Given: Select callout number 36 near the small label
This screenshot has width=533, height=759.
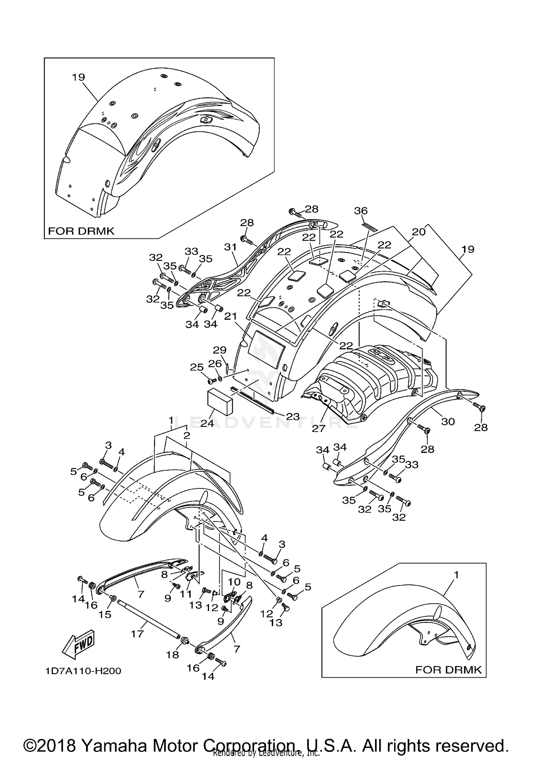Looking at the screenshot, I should pyautogui.click(x=361, y=211).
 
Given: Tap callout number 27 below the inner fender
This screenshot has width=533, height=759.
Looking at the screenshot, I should pyautogui.click(x=318, y=428).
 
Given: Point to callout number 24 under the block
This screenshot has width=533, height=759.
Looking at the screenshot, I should pyautogui.click(x=207, y=423).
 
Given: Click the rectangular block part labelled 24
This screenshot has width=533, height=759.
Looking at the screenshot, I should pyautogui.click(x=220, y=401).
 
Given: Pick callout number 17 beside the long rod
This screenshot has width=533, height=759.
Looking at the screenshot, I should pyautogui.click(x=137, y=634).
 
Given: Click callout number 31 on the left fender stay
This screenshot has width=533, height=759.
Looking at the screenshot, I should pyautogui.click(x=230, y=247).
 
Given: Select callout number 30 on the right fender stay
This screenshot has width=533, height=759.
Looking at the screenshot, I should pyautogui.click(x=448, y=422).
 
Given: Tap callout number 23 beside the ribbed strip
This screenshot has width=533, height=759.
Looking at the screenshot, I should pyautogui.click(x=293, y=416).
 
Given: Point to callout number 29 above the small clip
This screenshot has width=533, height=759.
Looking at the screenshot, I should pyautogui.click(x=220, y=350).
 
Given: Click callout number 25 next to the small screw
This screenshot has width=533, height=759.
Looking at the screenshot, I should pyautogui.click(x=196, y=367).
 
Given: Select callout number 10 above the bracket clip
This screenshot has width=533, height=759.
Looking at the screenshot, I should pyautogui.click(x=234, y=582).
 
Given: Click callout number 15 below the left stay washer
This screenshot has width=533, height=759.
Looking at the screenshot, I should pyautogui.click(x=105, y=614).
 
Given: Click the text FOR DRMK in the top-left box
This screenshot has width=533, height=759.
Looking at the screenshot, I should pyautogui.click(x=81, y=231).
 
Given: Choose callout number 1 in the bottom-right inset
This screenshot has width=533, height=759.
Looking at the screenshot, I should pyautogui.click(x=456, y=574).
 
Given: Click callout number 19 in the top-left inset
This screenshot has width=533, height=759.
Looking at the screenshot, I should pyautogui.click(x=78, y=77).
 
